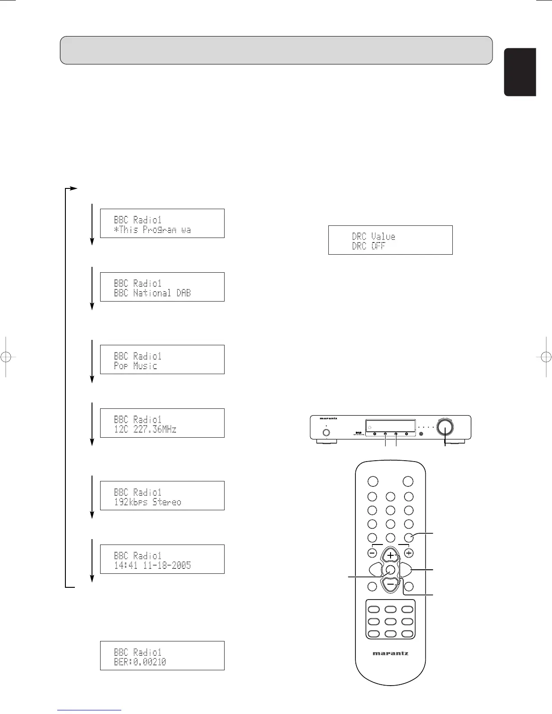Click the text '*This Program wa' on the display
click(x=152, y=230)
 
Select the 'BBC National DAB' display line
click(x=152, y=293)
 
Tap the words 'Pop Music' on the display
click(x=135, y=366)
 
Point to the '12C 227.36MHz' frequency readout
click(x=145, y=430)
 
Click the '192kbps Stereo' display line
click(x=147, y=502)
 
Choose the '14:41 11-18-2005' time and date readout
click(x=152, y=565)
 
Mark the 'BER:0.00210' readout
click(x=140, y=662)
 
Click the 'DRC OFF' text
click(x=368, y=246)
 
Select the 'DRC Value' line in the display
click(x=373, y=236)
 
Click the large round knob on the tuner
click(x=446, y=426)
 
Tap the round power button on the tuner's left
click(x=327, y=432)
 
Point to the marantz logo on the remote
click(x=390, y=653)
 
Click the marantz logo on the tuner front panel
click(x=326, y=418)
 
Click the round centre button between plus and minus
click(x=391, y=570)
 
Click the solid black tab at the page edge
click(x=520, y=72)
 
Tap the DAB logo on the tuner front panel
click(x=359, y=433)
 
